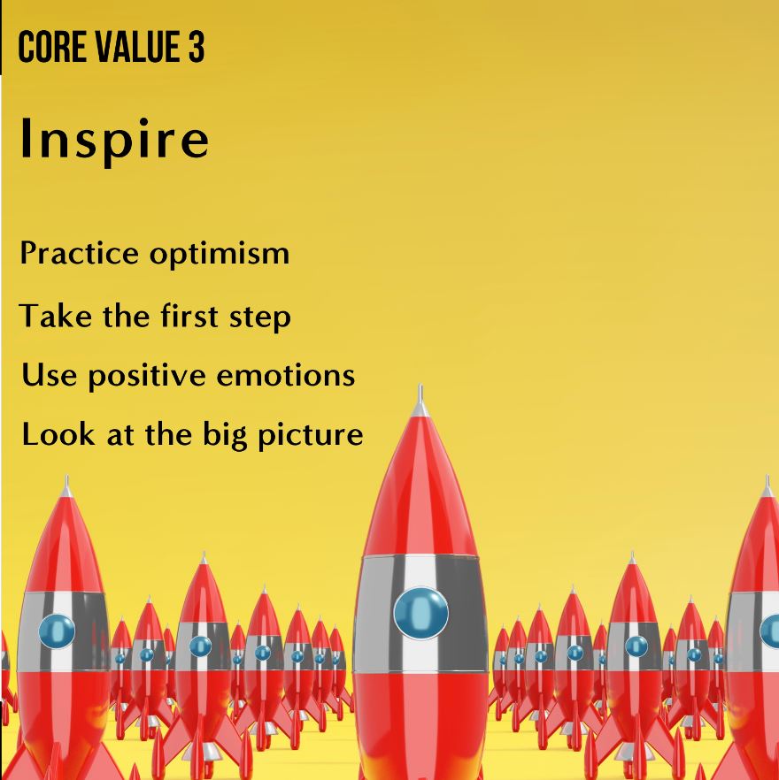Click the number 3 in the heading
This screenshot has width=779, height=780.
(196, 50)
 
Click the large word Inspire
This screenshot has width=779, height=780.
(114, 140)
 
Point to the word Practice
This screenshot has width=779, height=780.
(79, 254)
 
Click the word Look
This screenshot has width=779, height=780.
(51, 434)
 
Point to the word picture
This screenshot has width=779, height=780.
(312, 436)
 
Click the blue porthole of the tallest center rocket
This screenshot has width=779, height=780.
(421, 613)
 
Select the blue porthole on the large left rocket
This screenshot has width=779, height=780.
(57, 631)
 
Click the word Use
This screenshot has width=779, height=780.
(43, 375)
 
